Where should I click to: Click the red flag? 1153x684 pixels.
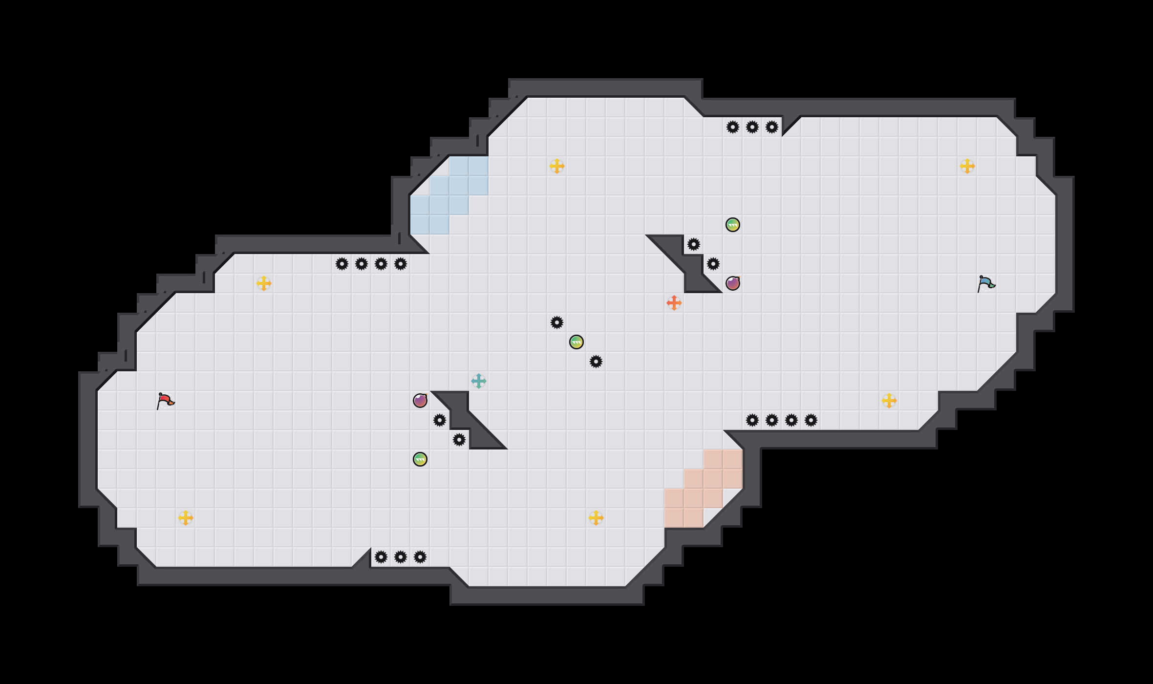tap(165, 401)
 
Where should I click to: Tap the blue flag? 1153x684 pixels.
tap(986, 283)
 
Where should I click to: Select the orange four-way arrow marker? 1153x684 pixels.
tap(674, 303)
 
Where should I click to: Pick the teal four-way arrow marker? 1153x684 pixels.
tap(479, 381)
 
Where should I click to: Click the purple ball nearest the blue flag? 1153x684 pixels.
tap(733, 283)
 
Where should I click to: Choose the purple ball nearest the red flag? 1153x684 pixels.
tap(420, 401)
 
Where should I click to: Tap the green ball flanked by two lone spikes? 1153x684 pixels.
tap(576, 342)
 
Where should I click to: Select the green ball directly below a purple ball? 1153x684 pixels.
tap(420, 459)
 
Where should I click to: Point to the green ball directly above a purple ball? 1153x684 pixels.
tap(733, 225)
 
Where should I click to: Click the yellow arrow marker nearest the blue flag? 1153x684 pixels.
tap(967, 166)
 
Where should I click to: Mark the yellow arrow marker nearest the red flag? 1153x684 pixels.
tap(186, 518)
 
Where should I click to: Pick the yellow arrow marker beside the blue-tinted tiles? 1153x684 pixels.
tap(557, 166)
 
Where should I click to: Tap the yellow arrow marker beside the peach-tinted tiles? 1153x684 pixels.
tap(596, 518)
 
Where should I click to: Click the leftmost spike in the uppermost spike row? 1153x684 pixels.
tap(733, 127)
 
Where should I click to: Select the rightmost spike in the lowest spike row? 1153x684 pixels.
tap(420, 557)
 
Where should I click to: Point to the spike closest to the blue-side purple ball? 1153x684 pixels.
tap(713, 264)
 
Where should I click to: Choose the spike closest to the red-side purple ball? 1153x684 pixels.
tap(440, 420)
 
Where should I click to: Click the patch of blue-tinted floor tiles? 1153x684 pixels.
tap(449, 195)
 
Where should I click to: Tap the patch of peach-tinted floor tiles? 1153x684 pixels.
tap(704, 489)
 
